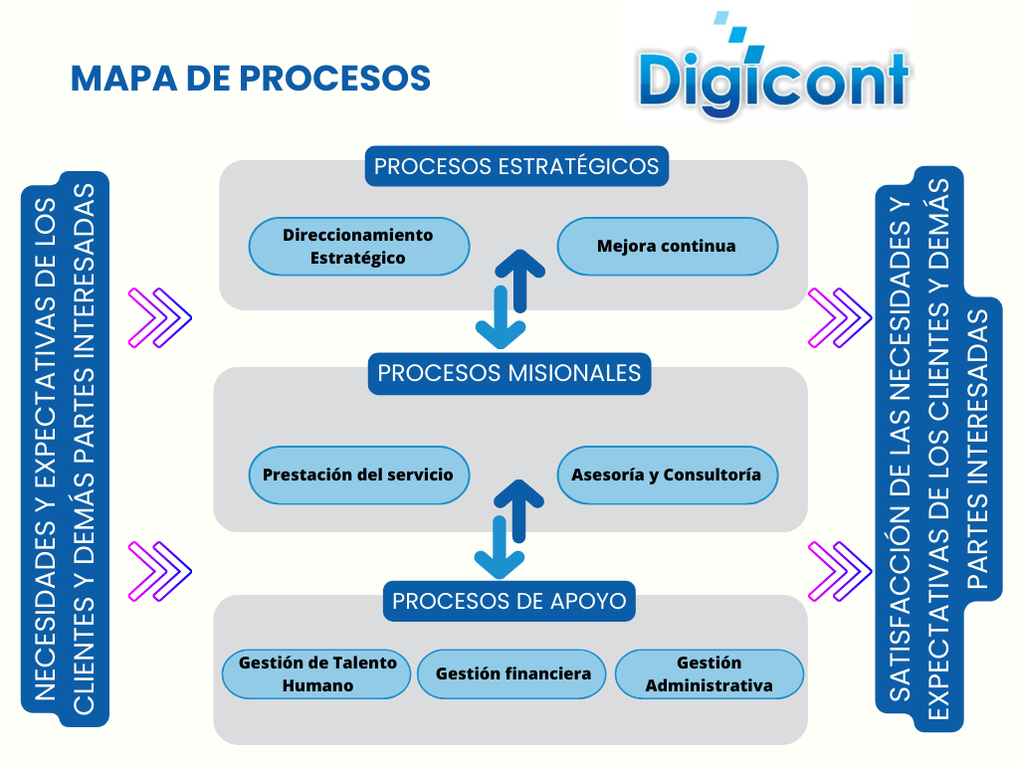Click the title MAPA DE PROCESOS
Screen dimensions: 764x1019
click(x=250, y=79)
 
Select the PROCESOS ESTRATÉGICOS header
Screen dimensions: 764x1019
click(x=516, y=166)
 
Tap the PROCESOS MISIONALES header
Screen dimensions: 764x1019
click(x=509, y=373)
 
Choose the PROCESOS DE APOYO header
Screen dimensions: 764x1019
click(x=509, y=601)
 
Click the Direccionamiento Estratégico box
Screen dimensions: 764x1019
click(x=358, y=246)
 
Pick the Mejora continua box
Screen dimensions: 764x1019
click(x=667, y=246)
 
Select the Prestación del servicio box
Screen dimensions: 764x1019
click(x=358, y=475)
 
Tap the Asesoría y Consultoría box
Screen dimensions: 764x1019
click(x=667, y=475)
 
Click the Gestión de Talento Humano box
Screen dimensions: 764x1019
click(x=317, y=674)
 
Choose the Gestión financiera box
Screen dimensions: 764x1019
click(x=512, y=674)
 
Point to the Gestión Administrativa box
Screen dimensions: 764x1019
click(x=709, y=674)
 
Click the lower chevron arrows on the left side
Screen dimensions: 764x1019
click(x=159, y=570)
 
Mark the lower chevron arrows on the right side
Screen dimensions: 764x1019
click(x=840, y=570)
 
